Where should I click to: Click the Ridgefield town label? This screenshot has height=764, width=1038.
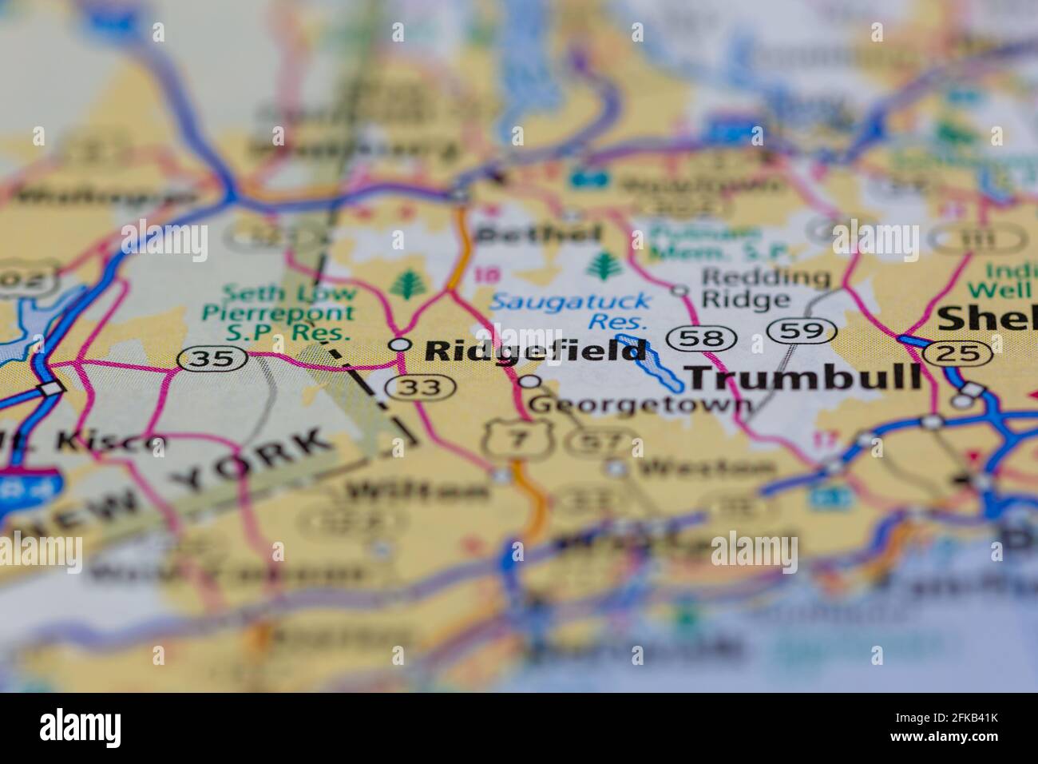tap(534, 350)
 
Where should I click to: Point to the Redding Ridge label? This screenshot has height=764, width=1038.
tap(765, 288)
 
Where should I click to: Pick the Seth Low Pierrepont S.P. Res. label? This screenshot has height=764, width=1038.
tap(279, 313)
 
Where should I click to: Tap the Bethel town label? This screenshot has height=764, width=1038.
tap(537, 234)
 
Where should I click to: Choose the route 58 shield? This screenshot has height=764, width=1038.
tap(700, 338)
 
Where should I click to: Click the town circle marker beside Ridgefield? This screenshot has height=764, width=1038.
tap(398, 344)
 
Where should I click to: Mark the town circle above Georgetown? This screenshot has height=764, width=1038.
tap(530, 381)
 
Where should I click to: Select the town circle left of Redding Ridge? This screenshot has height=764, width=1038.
tap(679, 289)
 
